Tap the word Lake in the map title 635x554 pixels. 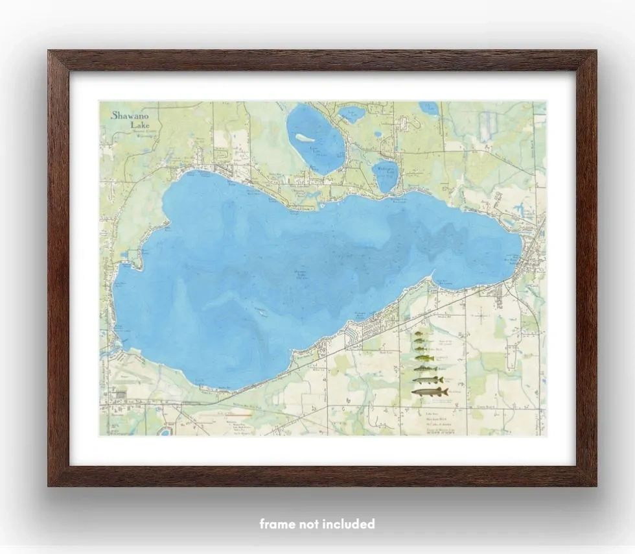point(139,125)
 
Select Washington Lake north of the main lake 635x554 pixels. point(386,175)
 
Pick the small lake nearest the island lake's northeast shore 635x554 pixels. point(351,114)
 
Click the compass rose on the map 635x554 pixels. point(480,317)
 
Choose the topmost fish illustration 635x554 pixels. point(419,334)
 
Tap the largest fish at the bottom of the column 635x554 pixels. point(430,391)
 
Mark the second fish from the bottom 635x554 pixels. point(428,379)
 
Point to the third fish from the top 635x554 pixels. point(420,350)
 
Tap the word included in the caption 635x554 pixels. point(350,524)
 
